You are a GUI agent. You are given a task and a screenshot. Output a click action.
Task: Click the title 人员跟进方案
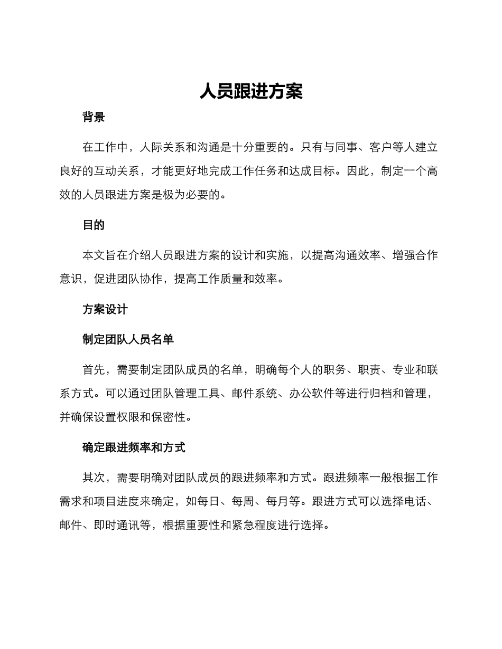[x=251, y=91]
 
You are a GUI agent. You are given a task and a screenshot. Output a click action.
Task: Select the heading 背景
[x=94, y=117]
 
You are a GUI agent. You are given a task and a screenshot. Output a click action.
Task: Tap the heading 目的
[x=94, y=225]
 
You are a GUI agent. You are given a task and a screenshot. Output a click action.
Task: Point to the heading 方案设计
[x=105, y=310]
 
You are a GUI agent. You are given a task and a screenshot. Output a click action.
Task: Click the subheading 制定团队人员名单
[x=128, y=340]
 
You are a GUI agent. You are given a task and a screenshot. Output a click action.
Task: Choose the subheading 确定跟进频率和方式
[x=134, y=448]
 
